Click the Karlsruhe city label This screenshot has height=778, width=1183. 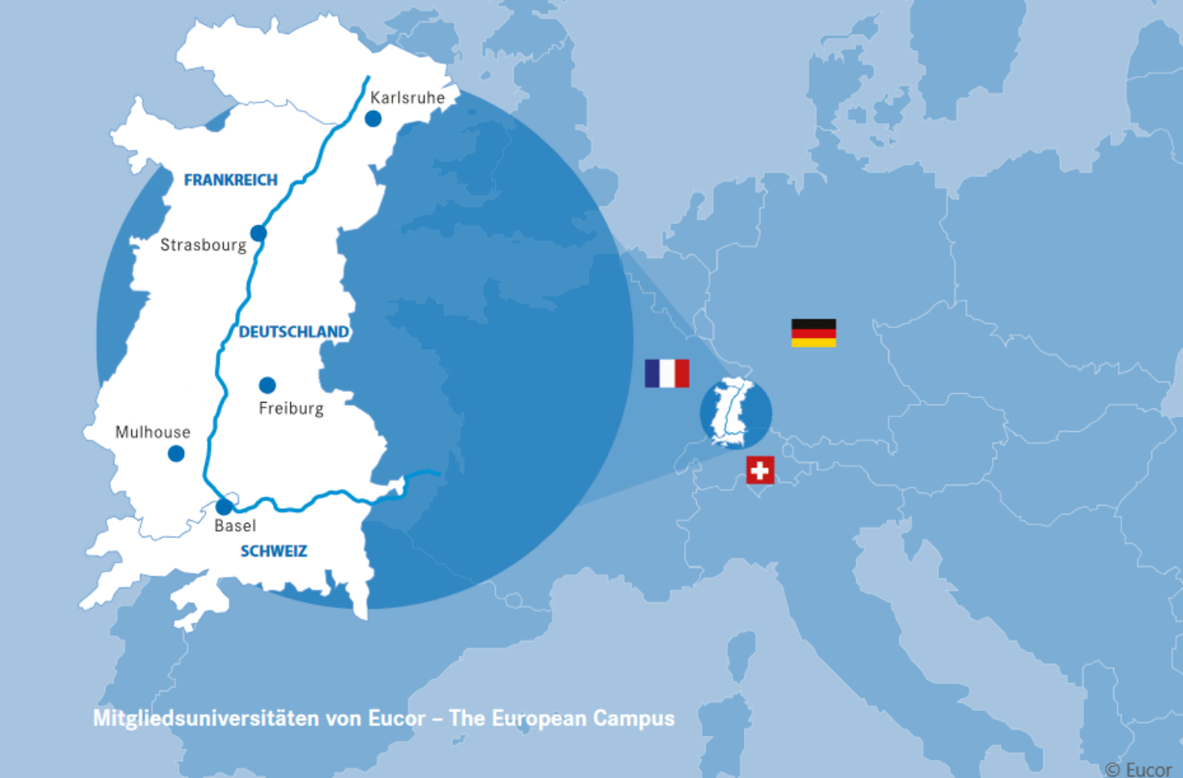(408, 98)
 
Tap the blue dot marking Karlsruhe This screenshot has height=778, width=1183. (373, 119)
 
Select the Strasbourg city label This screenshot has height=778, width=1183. (203, 245)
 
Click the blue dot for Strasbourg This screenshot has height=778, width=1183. (258, 233)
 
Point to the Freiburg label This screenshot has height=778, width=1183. (291, 408)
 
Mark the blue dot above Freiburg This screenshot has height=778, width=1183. (267, 385)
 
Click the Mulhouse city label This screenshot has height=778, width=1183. (152, 432)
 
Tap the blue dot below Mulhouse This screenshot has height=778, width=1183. (176, 454)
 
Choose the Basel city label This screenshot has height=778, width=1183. (235, 526)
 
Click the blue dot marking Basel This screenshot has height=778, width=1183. (224, 507)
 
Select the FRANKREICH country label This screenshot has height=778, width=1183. (231, 180)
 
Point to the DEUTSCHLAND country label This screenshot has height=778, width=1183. (293, 332)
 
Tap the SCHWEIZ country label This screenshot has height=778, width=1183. (274, 551)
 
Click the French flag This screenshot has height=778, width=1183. (667, 374)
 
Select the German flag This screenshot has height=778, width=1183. (814, 333)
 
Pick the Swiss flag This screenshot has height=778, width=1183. (760, 470)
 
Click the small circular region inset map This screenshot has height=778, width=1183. (736, 413)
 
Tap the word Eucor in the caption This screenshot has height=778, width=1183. (396, 719)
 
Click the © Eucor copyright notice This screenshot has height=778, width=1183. (1138, 769)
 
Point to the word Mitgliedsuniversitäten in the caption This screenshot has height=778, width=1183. (206, 719)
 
